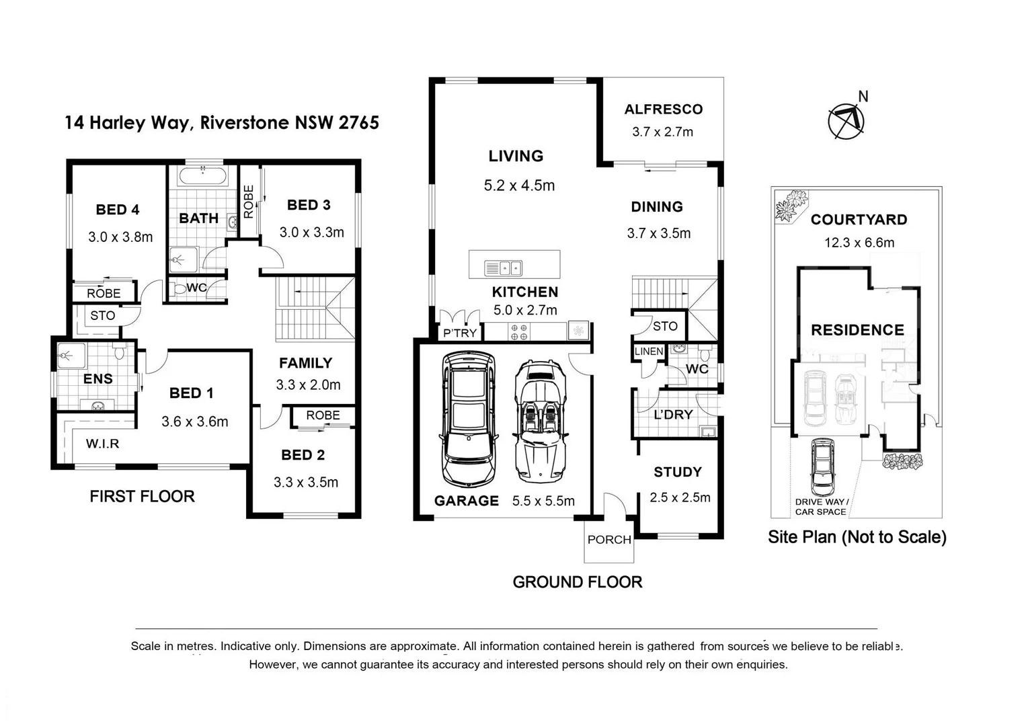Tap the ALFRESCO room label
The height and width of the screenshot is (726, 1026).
tap(663, 110)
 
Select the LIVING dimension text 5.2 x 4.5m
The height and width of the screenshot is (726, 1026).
tap(519, 186)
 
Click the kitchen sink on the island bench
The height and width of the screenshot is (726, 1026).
tap(503, 268)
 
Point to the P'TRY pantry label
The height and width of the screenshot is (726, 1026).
tap(460, 333)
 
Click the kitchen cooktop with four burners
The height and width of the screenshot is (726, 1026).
tap(519, 331)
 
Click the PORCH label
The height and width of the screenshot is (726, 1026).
tap(609, 540)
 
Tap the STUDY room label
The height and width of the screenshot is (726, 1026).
tap(677, 473)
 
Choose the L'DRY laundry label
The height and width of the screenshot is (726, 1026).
tap(673, 415)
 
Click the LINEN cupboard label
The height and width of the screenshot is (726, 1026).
tap(649, 352)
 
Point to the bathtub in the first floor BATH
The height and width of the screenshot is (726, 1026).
tap(202, 177)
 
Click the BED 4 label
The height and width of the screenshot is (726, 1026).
tap(118, 210)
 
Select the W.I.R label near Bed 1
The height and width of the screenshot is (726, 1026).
tap(102, 444)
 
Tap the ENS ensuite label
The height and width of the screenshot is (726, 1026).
tap(97, 379)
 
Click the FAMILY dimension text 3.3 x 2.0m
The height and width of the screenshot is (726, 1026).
tap(308, 385)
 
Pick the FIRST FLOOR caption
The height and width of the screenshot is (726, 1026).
tap(142, 497)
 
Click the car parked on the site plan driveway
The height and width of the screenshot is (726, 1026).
tap(822, 467)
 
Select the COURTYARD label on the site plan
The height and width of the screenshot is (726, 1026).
tap(859, 220)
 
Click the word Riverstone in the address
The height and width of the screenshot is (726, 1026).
tap(245, 123)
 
